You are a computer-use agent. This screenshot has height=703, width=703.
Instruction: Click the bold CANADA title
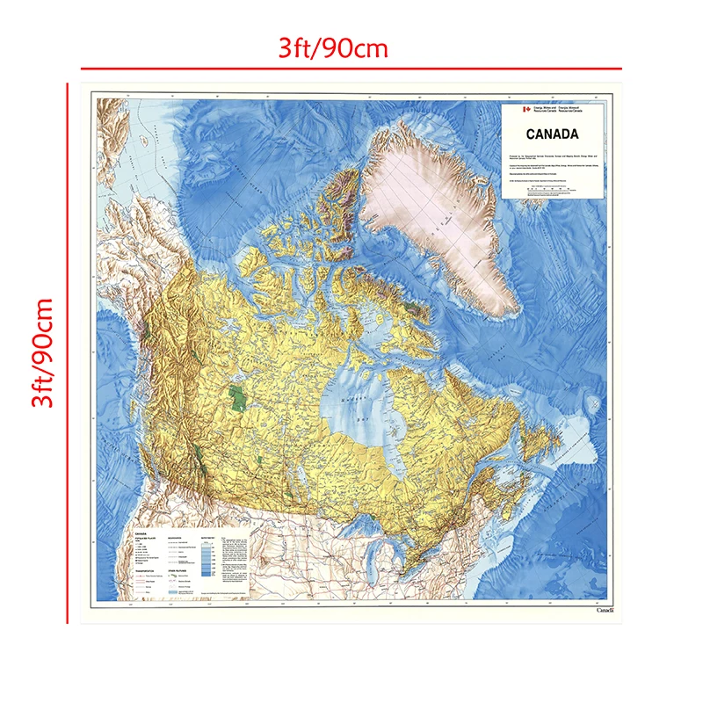(x=552, y=134)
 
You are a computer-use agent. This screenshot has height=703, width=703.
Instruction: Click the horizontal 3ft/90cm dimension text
(x=332, y=47)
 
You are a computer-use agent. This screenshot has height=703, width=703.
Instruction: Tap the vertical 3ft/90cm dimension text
(x=41, y=352)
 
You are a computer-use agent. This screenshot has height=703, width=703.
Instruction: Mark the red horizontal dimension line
(x=351, y=69)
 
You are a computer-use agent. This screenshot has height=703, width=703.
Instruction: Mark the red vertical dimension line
(x=67, y=351)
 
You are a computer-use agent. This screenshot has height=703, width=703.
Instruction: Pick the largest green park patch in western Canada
(x=235, y=396)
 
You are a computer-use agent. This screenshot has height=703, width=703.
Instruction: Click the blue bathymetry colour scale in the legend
(x=207, y=562)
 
